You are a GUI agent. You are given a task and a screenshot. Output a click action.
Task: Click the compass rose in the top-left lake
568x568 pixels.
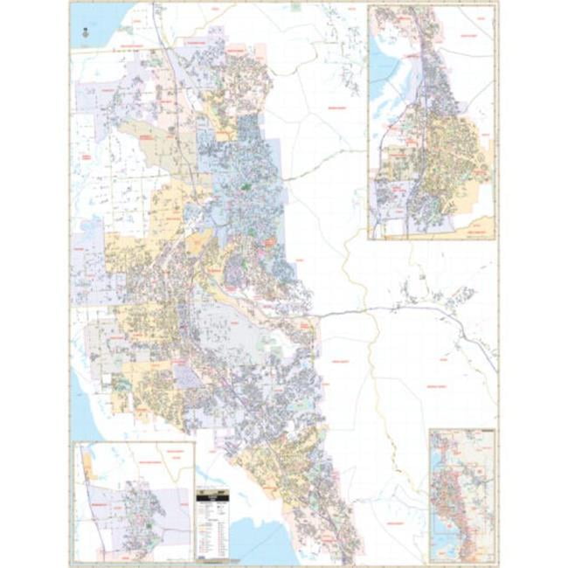tap(85, 32)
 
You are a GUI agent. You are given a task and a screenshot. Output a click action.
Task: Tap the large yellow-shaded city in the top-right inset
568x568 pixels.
tap(454, 162)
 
